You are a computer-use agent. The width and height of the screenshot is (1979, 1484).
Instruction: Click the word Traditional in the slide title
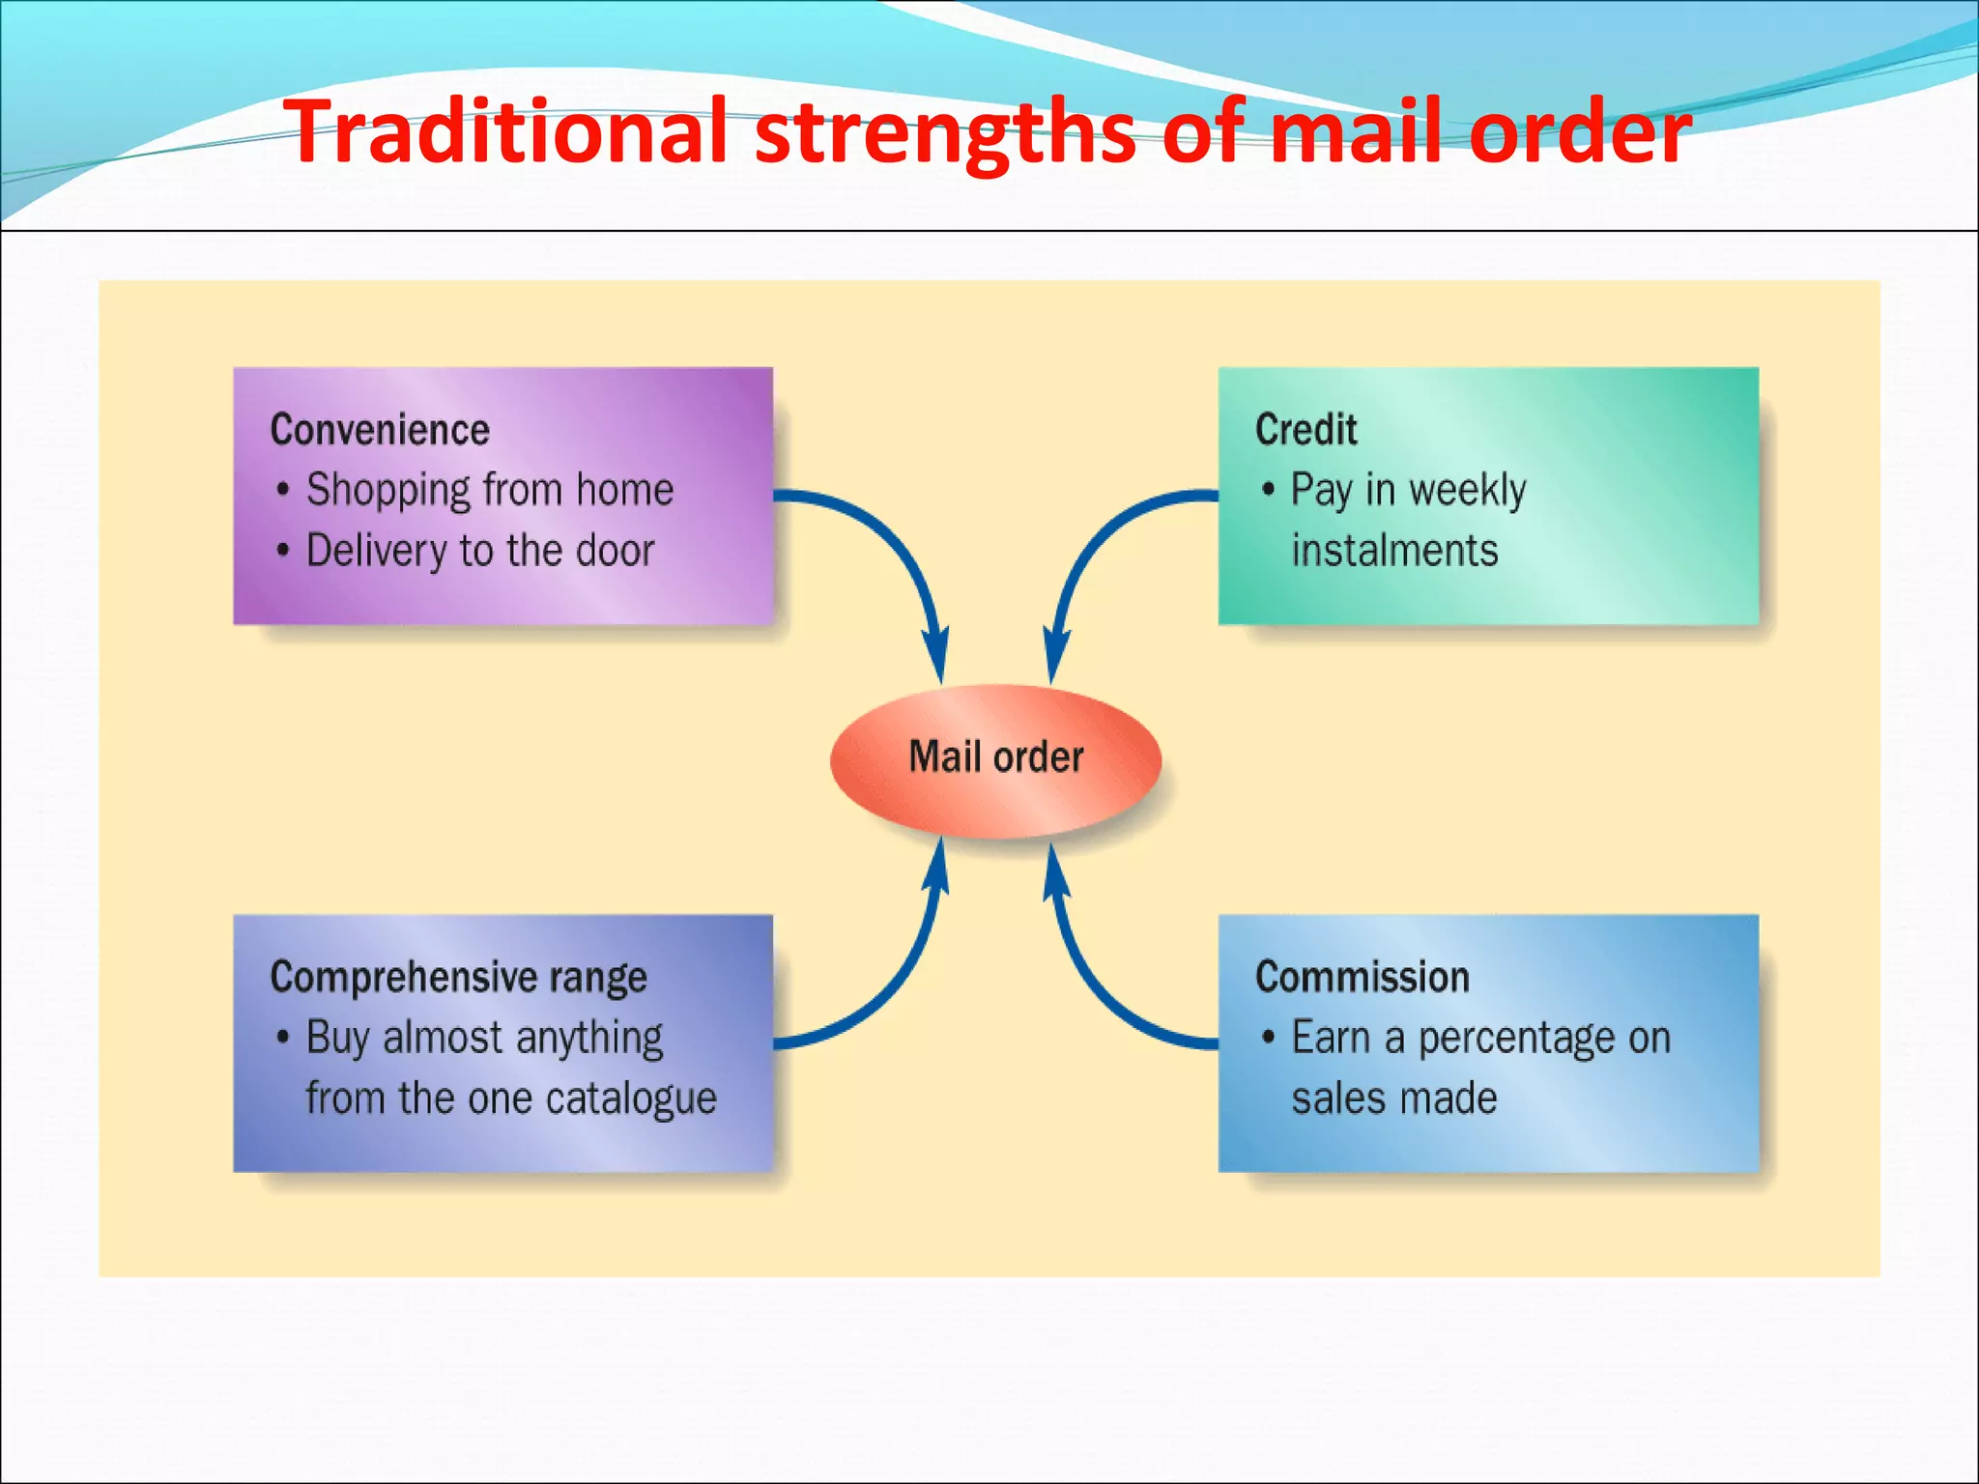click(x=507, y=131)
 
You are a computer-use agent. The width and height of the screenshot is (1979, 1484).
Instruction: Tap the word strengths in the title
click(x=945, y=133)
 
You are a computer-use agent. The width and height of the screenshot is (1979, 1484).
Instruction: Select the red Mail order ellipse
click(x=995, y=759)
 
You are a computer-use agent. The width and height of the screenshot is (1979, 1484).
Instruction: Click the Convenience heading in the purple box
click(x=380, y=430)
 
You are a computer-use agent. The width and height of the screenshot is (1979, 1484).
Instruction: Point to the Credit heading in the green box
click(x=1305, y=430)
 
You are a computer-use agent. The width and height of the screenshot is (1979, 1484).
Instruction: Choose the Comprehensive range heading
click(x=458, y=978)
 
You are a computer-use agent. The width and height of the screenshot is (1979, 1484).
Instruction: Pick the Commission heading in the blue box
click(x=1362, y=978)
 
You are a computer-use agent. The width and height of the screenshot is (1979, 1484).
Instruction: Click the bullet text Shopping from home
click(x=489, y=490)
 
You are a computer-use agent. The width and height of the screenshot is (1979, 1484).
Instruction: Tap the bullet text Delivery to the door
click(x=480, y=551)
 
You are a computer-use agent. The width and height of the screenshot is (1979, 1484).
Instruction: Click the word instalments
click(x=1394, y=551)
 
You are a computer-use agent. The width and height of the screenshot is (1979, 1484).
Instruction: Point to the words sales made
click(x=1393, y=1099)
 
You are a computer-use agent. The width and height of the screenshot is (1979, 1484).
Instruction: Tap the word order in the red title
click(x=1579, y=131)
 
